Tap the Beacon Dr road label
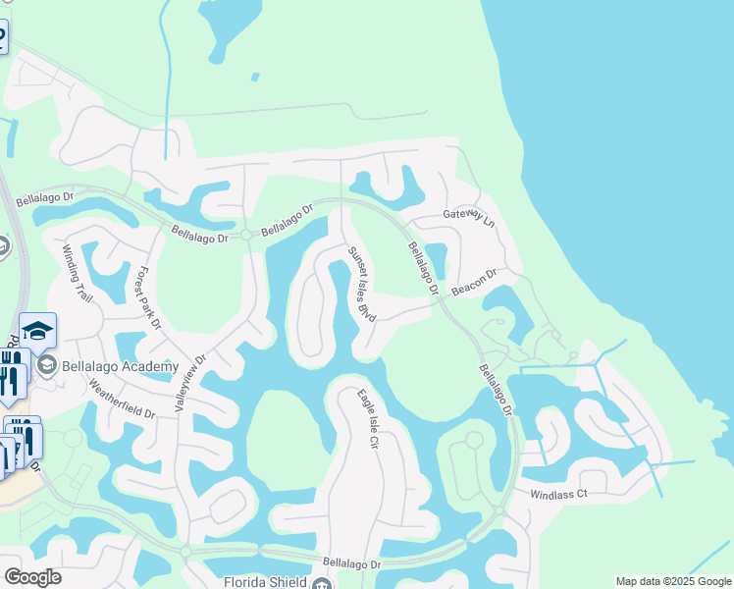coord(475,284)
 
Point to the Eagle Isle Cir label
coord(367,420)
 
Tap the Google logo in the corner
coord(32,577)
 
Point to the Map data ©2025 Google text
coord(673,581)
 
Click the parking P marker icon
coord(2,37)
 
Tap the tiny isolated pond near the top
coord(255,76)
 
